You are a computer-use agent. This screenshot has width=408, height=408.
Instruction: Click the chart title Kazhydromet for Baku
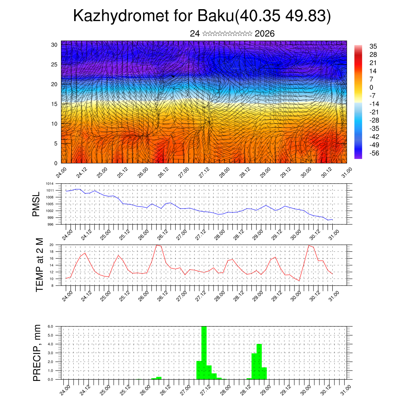point(202,17)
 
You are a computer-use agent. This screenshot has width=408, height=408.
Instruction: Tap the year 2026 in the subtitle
point(265,34)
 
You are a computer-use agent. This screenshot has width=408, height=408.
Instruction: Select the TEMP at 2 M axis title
point(39,265)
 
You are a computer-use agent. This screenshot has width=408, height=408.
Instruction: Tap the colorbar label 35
point(373,47)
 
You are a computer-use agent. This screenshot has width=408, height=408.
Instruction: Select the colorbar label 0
point(372,87)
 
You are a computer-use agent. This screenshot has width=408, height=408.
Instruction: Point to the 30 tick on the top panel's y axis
point(55,45)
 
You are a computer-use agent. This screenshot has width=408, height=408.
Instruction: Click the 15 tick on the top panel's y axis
point(55,104)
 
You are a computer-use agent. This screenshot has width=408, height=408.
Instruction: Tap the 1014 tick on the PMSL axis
point(50,184)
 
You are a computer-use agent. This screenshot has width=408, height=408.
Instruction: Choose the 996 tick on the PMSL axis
point(51,224)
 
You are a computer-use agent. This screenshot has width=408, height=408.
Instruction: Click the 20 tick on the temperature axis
point(52,245)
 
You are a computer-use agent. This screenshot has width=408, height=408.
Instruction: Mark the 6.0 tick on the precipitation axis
point(51,326)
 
